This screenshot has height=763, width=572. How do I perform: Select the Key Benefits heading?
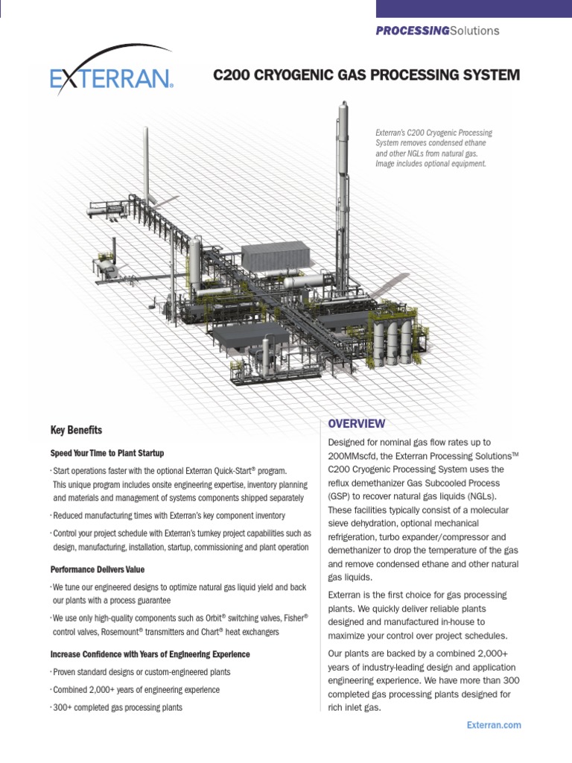pyautogui.click(x=76, y=431)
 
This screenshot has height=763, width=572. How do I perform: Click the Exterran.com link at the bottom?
pyautogui.click(x=494, y=725)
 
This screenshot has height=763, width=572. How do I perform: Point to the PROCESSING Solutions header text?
pyautogui.click(x=437, y=31)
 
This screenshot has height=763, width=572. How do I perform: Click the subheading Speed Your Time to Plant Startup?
pyautogui.click(x=107, y=453)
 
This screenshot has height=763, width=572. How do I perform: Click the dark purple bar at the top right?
pyautogui.click(x=474, y=8)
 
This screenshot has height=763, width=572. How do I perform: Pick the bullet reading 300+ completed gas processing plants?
pyautogui.click(x=118, y=707)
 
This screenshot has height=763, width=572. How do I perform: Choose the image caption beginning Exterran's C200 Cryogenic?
pyautogui.click(x=433, y=148)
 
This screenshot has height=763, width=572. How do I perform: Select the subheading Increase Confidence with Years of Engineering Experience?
pyautogui.click(x=150, y=654)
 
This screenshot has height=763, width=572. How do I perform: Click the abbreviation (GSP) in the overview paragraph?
pyautogui.click(x=341, y=496)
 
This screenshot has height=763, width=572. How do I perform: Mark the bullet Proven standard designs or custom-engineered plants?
pyautogui.click(x=142, y=672)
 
